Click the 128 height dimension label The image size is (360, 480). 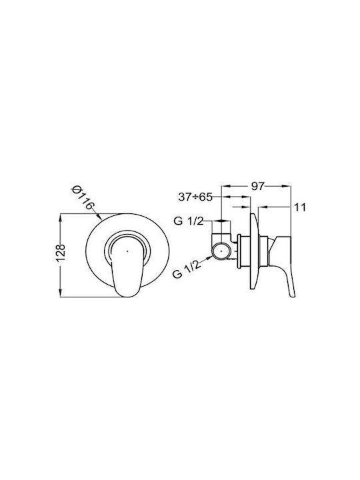(61, 252)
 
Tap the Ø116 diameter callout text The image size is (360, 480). (82, 198)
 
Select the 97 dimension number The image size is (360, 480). (257, 186)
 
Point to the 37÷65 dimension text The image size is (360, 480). (195, 197)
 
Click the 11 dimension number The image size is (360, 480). (300, 207)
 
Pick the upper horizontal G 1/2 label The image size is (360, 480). (188, 221)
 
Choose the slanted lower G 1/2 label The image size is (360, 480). (187, 268)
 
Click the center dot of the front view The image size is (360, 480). (127, 251)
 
